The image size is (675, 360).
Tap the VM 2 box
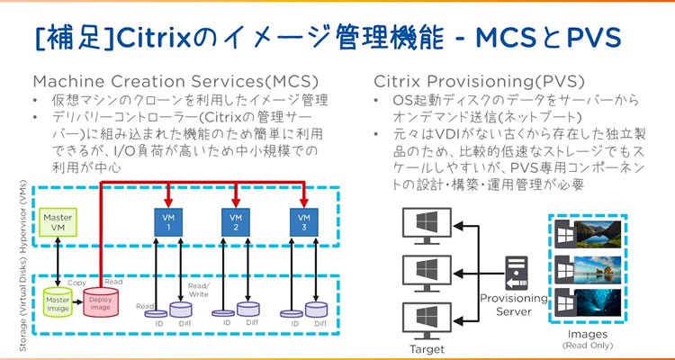(235, 221)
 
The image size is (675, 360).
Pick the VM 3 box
(302, 221)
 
